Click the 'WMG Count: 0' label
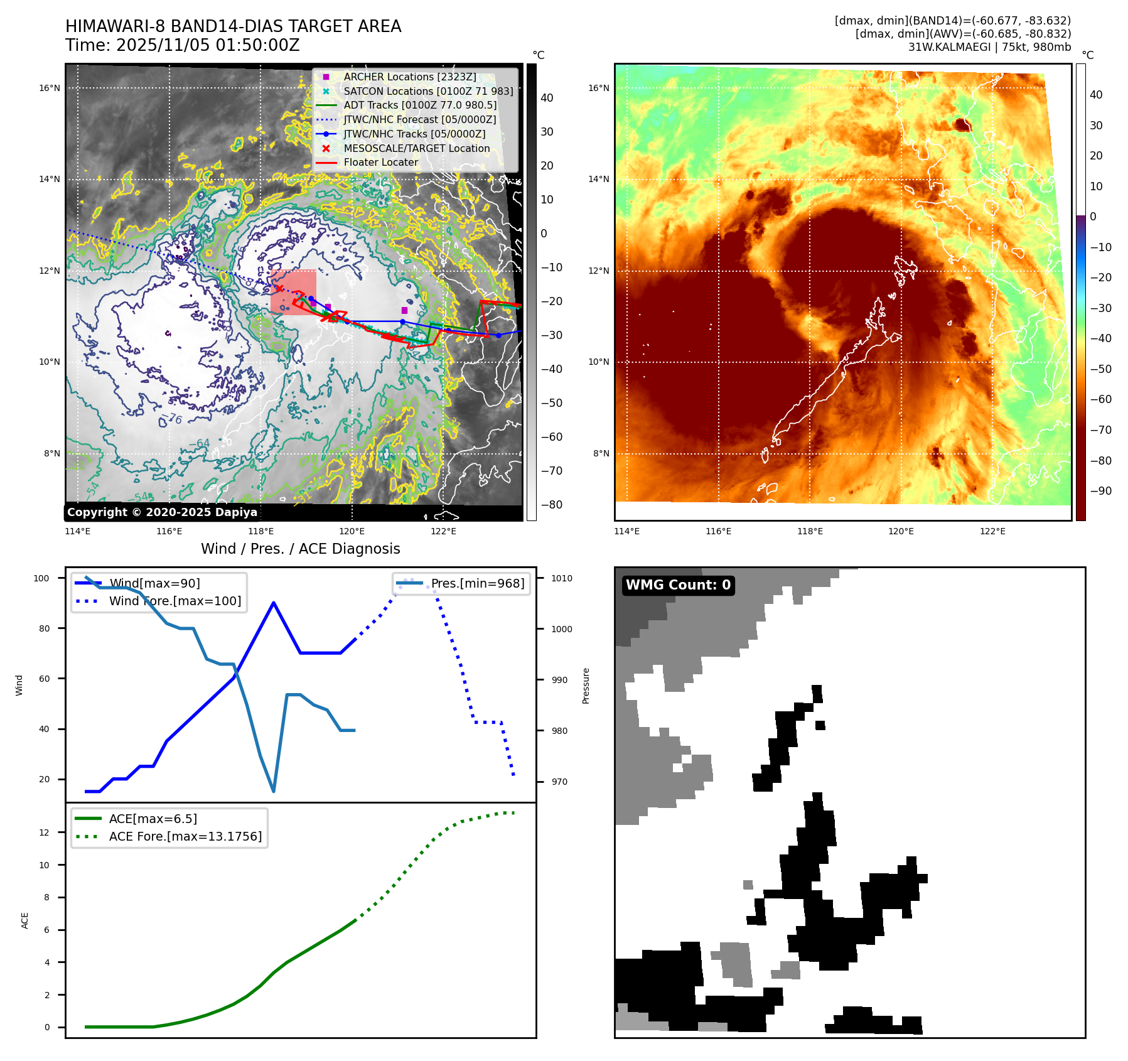(678, 585)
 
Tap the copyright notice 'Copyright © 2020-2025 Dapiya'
(162, 512)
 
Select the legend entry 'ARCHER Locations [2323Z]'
(409, 77)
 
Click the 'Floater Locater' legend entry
(380, 162)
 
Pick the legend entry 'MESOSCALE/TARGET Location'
(416, 148)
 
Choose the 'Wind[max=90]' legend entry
(154, 583)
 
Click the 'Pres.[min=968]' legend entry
(477, 583)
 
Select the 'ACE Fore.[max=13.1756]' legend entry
(185, 836)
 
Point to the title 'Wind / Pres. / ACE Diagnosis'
(300, 549)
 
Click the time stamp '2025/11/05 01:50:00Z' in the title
(208, 45)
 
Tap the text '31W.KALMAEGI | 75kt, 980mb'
(989, 47)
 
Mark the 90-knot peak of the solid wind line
(274, 603)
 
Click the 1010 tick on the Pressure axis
(562, 578)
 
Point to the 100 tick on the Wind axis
(41, 578)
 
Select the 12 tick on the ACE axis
(45, 832)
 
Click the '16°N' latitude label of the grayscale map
(50, 88)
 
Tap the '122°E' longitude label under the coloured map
(992, 531)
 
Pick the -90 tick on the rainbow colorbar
(1100, 491)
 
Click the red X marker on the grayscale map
(279, 289)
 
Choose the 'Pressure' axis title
(586, 686)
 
